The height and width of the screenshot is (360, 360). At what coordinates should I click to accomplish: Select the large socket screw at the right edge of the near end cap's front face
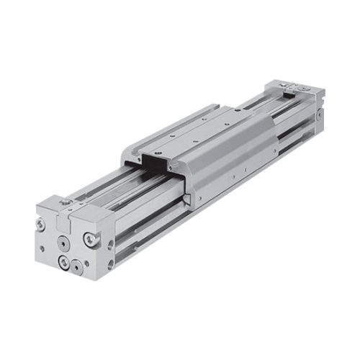[89, 239]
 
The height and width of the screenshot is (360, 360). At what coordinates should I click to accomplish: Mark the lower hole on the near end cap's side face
[110, 264]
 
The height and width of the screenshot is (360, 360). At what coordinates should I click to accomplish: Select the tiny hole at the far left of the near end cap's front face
[42, 248]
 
